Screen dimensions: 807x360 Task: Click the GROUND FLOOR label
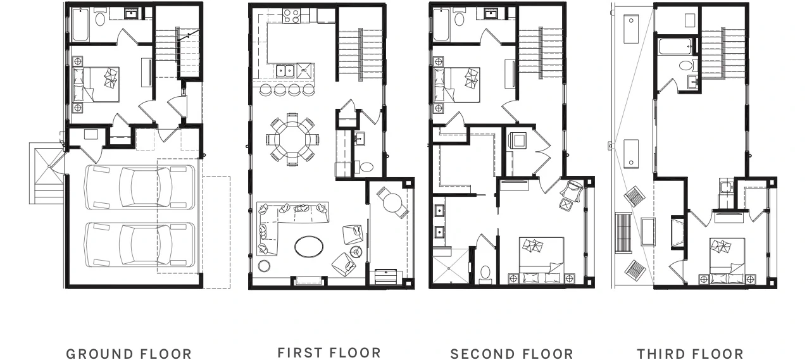point(128,354)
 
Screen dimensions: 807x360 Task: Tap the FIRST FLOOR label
point(329,353)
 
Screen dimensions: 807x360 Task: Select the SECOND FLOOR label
point(511,354)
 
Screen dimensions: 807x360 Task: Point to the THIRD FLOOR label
point(690,354)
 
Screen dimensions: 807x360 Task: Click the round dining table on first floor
point(292,139)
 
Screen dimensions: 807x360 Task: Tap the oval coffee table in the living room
point(309,247)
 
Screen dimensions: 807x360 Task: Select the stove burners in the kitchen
point(291,16)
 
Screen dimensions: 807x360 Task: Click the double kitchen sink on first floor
point(285,71)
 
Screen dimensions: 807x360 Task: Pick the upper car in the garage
point(139,187)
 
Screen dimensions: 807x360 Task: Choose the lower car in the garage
point(139,245)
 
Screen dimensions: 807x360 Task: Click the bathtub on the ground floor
point(80,25)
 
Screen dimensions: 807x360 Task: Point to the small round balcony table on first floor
point(392,203)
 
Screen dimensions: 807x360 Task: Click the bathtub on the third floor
point(675,47)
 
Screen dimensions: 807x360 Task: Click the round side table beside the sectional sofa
point(264,266)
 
